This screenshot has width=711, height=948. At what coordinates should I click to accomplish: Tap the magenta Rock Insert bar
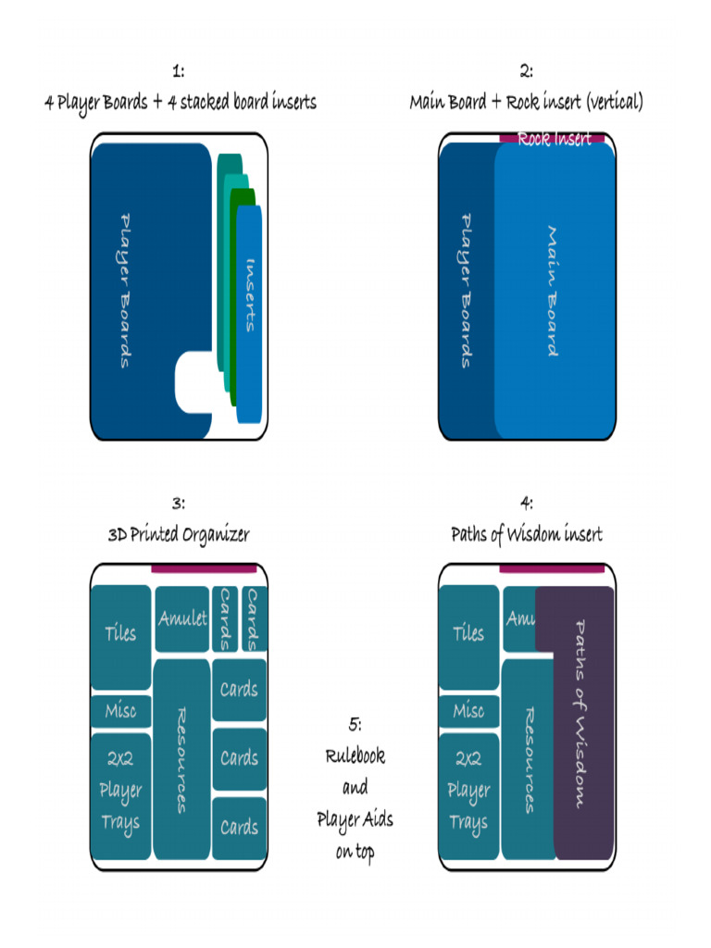click(553, 138)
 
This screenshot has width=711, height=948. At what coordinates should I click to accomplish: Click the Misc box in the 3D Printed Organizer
click(120, 711)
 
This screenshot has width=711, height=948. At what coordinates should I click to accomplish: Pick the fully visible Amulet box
click(181, 618)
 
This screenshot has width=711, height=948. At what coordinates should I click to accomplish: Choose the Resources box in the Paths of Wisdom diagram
click(528, 759)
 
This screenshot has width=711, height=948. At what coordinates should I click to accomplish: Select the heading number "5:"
click(355, 723)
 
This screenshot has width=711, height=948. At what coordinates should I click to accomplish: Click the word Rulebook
click(355, 755)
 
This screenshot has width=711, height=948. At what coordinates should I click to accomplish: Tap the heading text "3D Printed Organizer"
click(179, 534)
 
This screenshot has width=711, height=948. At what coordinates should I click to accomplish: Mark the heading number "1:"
click(179, 71)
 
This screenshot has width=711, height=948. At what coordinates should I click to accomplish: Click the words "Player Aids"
click(355, 819)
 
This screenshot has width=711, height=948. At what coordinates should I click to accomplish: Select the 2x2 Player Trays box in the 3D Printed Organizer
click(120, 792)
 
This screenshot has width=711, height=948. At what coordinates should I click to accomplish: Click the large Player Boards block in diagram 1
click(139, 278)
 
